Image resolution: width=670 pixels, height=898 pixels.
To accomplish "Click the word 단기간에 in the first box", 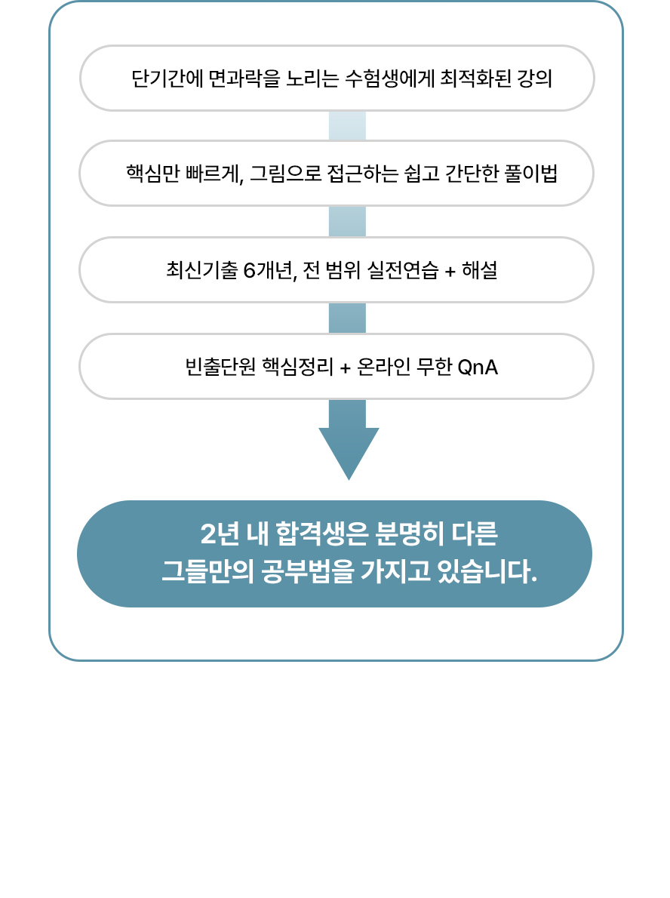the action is (x=167, y=78).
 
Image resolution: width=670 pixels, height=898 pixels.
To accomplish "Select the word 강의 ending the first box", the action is (x=535, y=78).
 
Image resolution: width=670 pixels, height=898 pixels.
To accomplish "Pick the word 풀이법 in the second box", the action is (x=531, y=173).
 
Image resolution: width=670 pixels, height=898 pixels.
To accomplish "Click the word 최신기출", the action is (x=201, y=269).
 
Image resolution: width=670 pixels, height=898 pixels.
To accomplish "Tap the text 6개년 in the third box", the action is (x=268, y=269).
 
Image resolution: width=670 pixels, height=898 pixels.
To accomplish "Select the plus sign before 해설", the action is (x=450, y=272).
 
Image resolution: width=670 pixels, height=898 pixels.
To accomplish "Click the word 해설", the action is (x=480, y=269).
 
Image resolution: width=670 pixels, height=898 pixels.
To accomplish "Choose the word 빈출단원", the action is (x=220, y=367).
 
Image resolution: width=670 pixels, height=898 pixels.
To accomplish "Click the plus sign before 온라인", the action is (x=346, y=368).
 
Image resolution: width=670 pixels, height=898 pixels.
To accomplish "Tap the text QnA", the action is (x=478, y=367).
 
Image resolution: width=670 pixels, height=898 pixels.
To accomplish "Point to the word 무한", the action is (x=435, y=367).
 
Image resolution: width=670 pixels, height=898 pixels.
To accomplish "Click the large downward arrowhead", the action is (x=349, y=453).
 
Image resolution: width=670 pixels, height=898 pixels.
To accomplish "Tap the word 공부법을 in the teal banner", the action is (x=308, y=571).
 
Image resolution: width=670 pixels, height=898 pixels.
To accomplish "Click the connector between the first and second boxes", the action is (x=347, y=126).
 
